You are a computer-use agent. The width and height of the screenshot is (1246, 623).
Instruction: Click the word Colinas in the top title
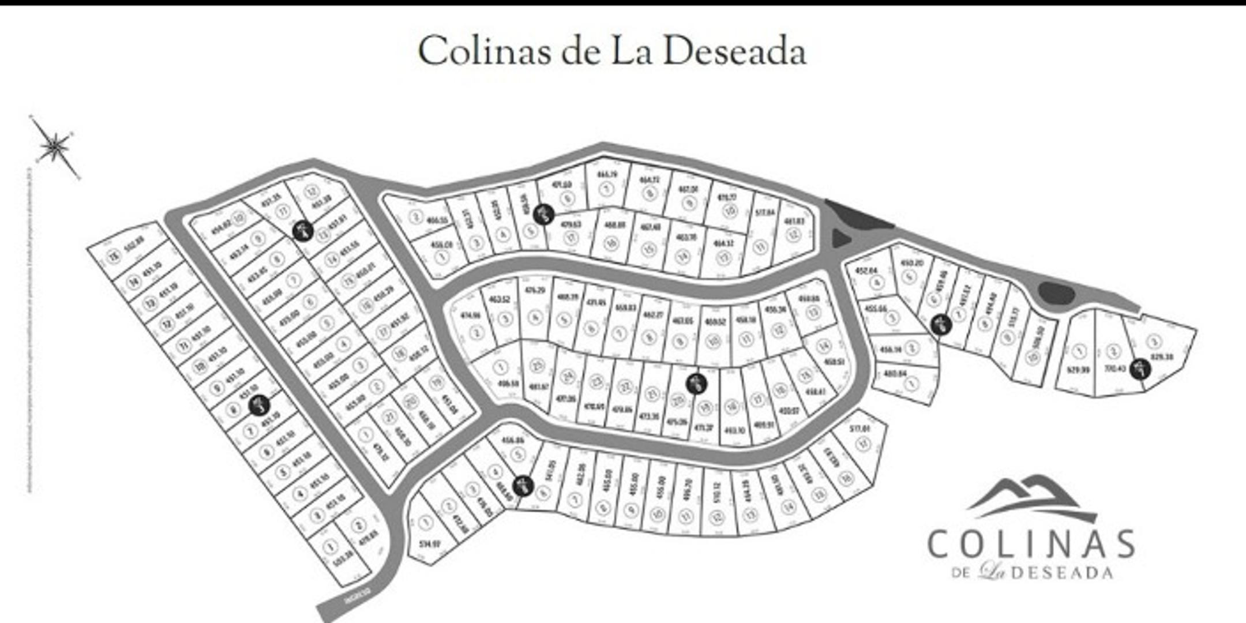483,52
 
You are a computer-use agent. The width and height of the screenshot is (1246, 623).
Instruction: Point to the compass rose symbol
55,147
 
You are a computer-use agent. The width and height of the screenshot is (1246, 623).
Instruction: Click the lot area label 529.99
1078,369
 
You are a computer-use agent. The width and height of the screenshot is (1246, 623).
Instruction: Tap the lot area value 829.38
1162,356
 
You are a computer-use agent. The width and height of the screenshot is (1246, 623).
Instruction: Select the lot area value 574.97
430,543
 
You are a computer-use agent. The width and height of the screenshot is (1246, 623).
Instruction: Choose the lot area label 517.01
860,429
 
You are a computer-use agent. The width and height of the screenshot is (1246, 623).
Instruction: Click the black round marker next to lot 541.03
523,486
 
